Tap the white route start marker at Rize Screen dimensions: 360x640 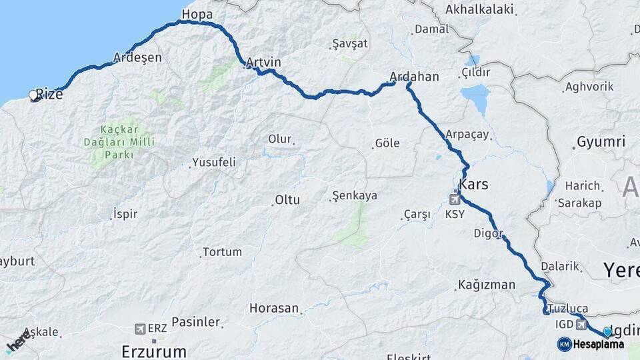(33, 95)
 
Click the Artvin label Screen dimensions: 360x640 (263, 63)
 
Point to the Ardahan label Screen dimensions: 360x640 (414, 77)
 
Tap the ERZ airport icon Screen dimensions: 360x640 (140, 329)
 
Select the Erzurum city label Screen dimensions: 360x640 (154, 351)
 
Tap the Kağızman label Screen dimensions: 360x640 (486, 285)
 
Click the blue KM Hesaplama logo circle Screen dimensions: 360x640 (565, 344)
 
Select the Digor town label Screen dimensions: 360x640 (486, 233)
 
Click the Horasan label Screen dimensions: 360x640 (273, 308)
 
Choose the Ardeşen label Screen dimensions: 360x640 (138, 57)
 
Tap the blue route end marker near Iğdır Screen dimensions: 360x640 (607, 331)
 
